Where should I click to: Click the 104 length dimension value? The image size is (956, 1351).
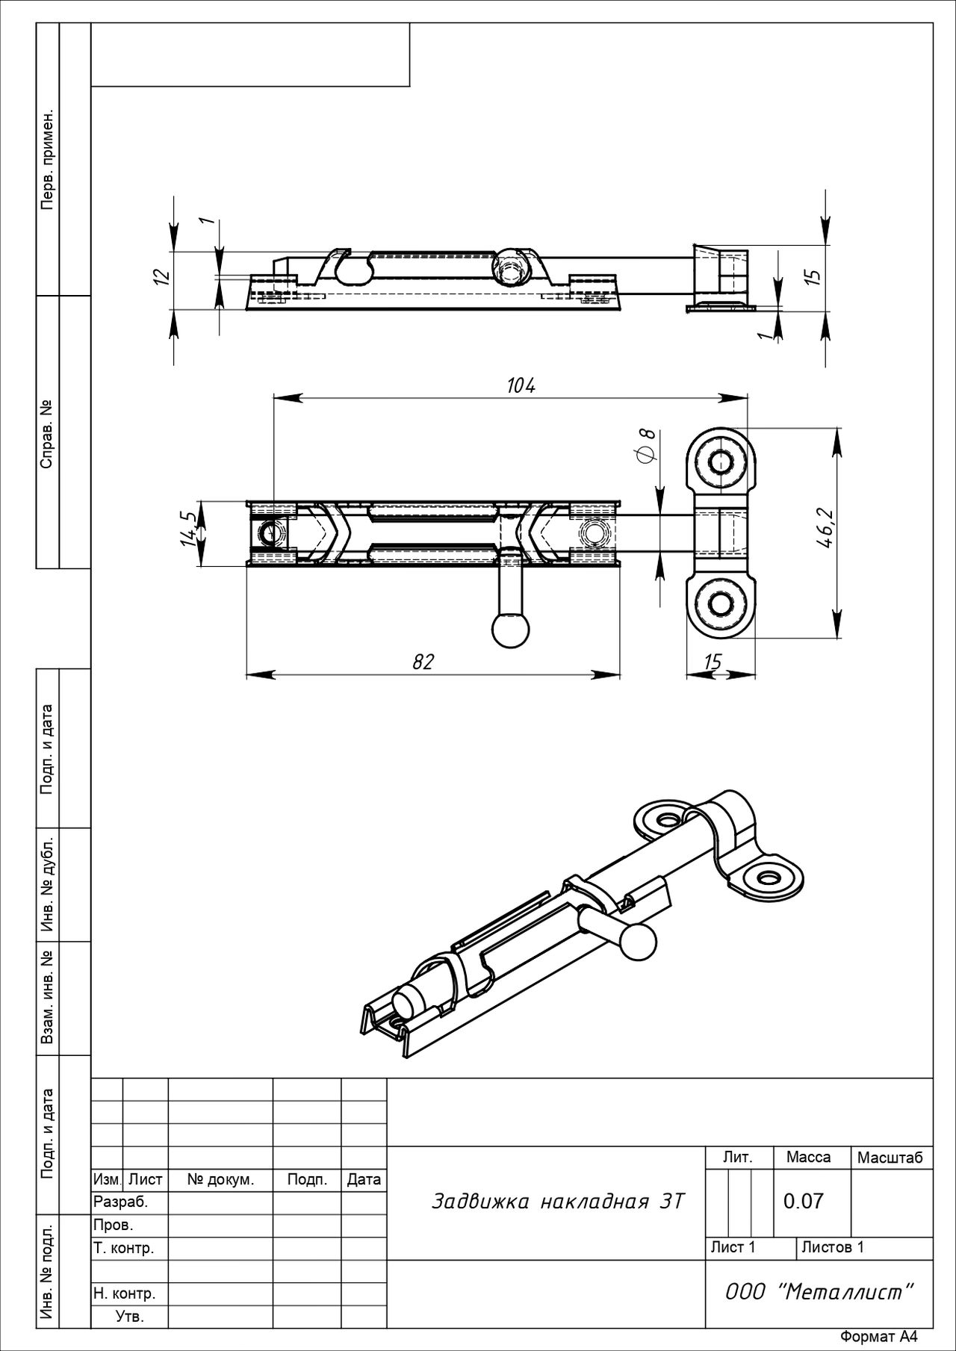(x=521, y=385)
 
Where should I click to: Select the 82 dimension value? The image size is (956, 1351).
(x=423, y=662)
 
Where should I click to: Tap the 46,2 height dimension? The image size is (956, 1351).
(x=825, y=529)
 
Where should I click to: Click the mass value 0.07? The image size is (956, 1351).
(x=804, y=1201)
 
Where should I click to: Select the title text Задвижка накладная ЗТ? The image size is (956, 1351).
(x=558, y=1202)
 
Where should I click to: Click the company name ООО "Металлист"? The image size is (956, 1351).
(x=819, y=1292)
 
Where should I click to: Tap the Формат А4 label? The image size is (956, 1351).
(x=878, y=1337)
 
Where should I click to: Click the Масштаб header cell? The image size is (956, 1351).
(x=890, y=1158)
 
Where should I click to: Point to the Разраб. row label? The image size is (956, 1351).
(x=121, y=1202)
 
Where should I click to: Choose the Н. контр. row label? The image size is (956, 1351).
(x=124, y=1293)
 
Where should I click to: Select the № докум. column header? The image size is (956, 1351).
(x=221, y=1180)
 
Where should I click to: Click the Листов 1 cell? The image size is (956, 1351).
(x=833, y=1247)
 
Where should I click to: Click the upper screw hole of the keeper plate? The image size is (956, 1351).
(x=721, y=462)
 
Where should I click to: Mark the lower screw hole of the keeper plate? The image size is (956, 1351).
(x=721, y=603)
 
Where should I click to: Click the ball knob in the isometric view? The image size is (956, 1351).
(x=638, y=942)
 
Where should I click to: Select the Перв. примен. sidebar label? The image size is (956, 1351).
(x=48, y=161)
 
